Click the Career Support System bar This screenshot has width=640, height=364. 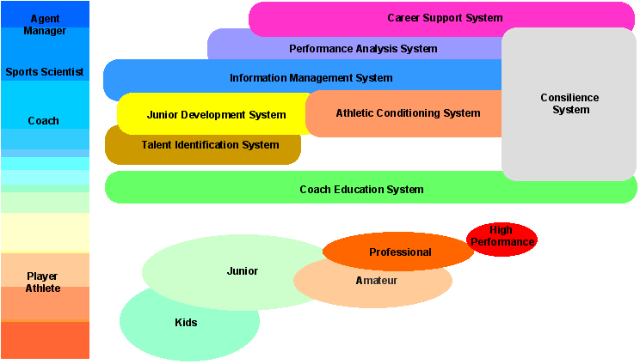click(x=444, y=18)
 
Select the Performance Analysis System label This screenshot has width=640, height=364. click(x=363, y=49)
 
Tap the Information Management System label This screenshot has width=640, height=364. click(x=311, y=78)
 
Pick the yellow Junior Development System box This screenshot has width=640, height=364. click(x=216, y=114)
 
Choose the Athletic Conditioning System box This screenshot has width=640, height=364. click(x=408, y=113)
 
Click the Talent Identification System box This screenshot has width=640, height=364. click(x=210, y=145)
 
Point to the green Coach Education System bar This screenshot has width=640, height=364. click(x=361, y=189)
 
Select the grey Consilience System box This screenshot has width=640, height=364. click(x=569, y=104)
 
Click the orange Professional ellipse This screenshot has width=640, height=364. click(x=400, y=252)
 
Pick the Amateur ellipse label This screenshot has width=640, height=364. click(x=377, y=281)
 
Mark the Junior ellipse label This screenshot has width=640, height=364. click(x=242, y=271)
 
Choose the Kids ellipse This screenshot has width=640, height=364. click(x=186, y=323)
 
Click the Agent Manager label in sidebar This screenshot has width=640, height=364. click(x=44, y=25)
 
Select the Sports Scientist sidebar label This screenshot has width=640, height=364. click(x=44, y=72)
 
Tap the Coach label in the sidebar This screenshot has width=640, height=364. click(x=44, y=121)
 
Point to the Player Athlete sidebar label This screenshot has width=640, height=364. click(x=42, y=282)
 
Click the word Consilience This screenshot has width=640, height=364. click(x=569, y=98)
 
